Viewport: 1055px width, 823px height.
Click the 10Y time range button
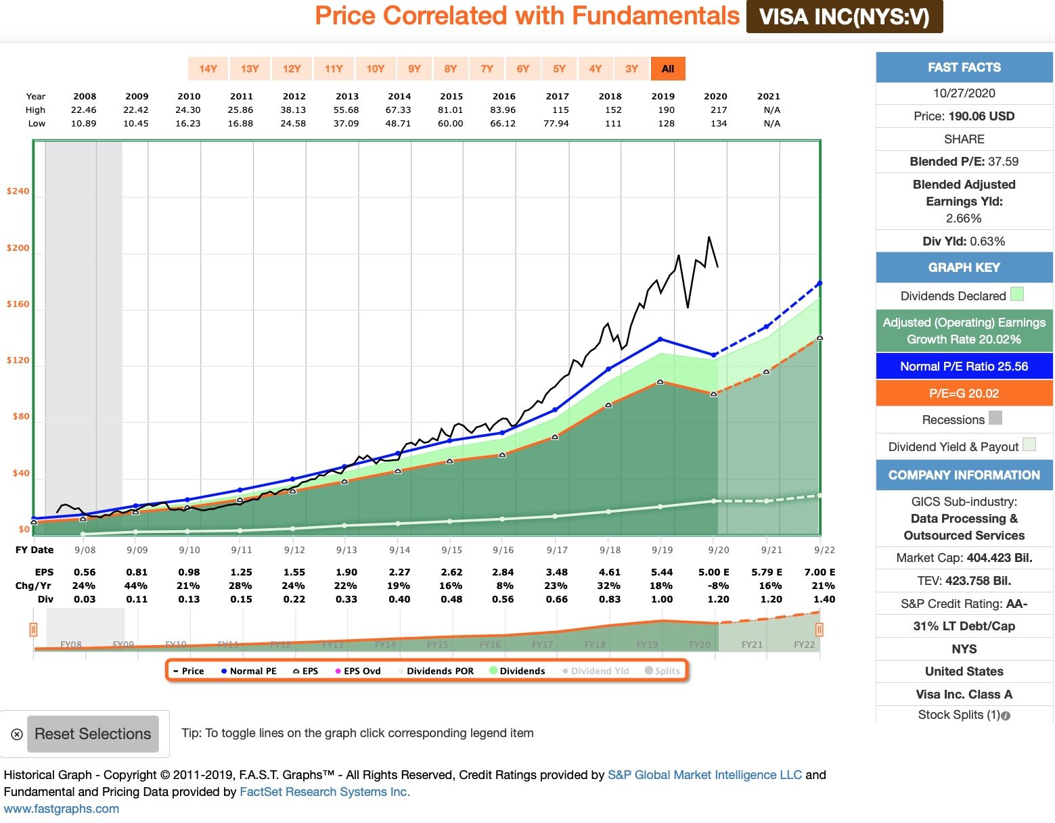click(375, 69)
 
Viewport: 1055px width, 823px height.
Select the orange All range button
click(668, 69)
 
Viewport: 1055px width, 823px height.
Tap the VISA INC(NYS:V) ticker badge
click(844, 17)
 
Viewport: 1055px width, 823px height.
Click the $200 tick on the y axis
click(18, 248)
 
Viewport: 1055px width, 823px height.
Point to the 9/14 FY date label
click(399, 550)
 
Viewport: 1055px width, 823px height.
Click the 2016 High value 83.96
click(503, 110)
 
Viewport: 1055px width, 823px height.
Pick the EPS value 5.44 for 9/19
click(661, 572)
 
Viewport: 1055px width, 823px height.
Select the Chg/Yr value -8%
click(718, 586)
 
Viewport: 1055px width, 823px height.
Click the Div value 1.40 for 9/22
click(824, 599)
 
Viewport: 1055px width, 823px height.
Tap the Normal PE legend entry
click(248, 671)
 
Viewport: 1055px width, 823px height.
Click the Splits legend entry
click(663, 671)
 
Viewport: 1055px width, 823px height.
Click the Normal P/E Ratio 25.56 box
click(964, 367)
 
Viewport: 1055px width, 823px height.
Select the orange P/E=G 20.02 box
click(964, 394)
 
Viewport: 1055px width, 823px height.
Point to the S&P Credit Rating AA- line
click(964, 604)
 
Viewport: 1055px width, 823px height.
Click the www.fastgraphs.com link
click(62, 809)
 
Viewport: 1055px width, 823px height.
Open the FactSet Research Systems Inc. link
click(325, 792)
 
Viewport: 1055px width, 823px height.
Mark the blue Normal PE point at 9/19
click(660, 339)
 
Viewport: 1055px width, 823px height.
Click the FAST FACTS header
click(964, 68)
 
